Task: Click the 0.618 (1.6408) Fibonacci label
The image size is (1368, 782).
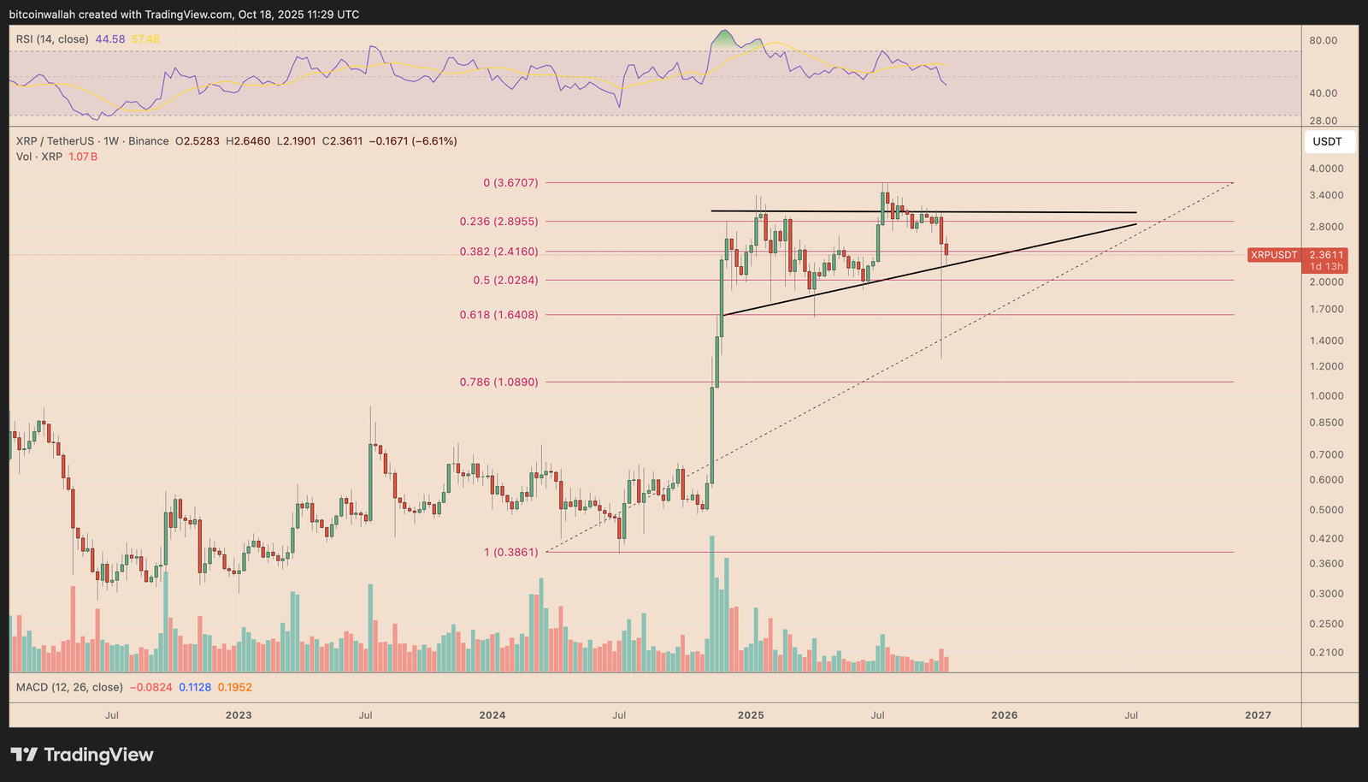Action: click(x=499, y=315)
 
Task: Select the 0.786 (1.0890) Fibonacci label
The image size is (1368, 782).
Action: click(x=499, y=382)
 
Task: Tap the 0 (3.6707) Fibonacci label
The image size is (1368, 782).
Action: click(x=510, y=182)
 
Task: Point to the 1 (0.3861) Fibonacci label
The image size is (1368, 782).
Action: click(x=511, y=552)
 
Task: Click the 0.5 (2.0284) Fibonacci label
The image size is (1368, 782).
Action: click(x=505, y=280)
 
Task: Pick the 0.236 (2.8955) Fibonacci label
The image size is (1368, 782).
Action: click(x=499, y=221)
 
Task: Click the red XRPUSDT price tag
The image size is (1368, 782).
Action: click(x=1274, y=255)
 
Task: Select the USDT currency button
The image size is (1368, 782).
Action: click(x=1328, y=142)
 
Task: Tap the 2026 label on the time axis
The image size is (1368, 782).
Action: click(x=1004, y=715)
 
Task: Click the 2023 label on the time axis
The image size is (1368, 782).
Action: click(x=239, y=715)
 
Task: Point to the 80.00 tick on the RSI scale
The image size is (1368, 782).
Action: click(x=1324, y=40)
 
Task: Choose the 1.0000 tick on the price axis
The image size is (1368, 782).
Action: click(x=1326, y=396)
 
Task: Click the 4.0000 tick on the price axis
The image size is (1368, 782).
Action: click(x=1326, y=169)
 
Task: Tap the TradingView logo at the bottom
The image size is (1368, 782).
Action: click(x=82, y=755)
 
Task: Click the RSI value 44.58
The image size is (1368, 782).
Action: click(x=110, y=39)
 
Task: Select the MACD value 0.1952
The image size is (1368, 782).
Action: click(x=235, y=687)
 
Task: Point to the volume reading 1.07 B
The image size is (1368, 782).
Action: click(x=83, y=157)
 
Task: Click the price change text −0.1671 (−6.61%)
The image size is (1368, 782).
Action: click(x=413, y=141)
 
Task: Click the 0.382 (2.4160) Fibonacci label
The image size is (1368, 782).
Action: click(x=499, y=252)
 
